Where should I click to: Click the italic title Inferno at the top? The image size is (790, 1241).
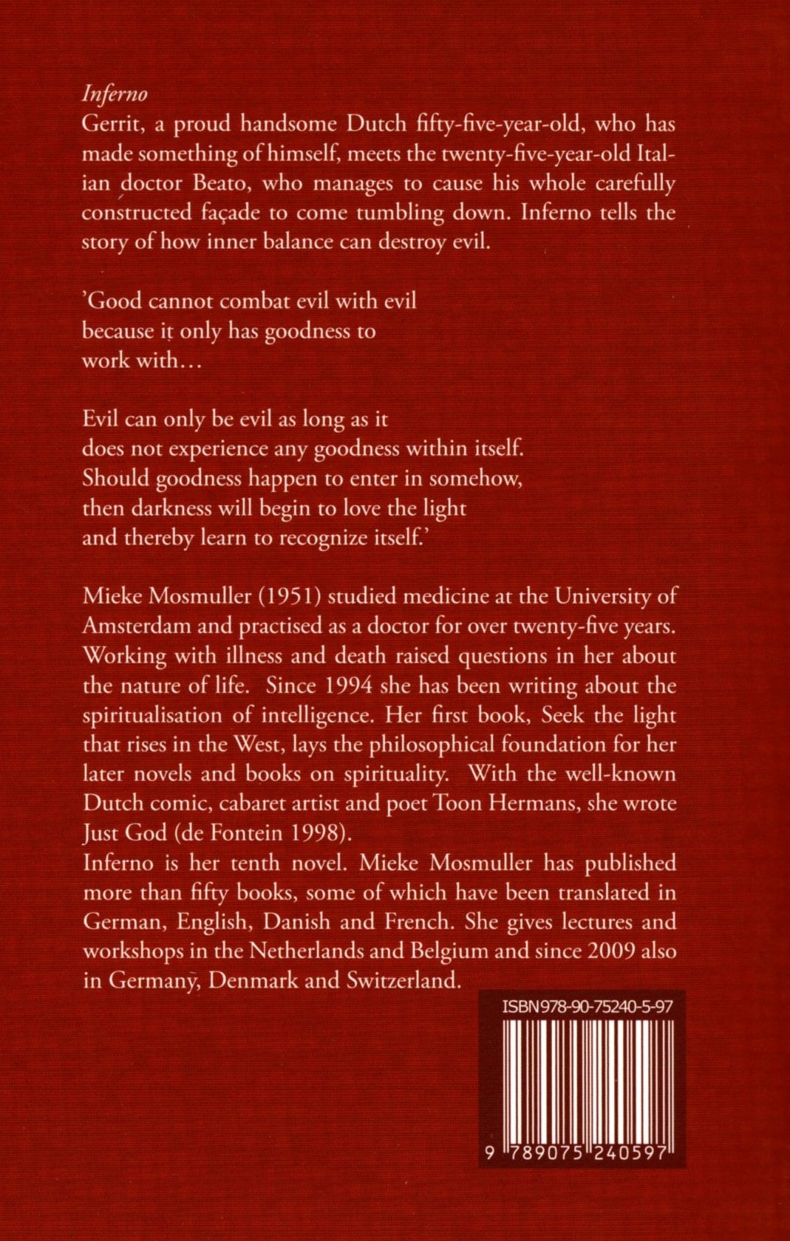(115, 95)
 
